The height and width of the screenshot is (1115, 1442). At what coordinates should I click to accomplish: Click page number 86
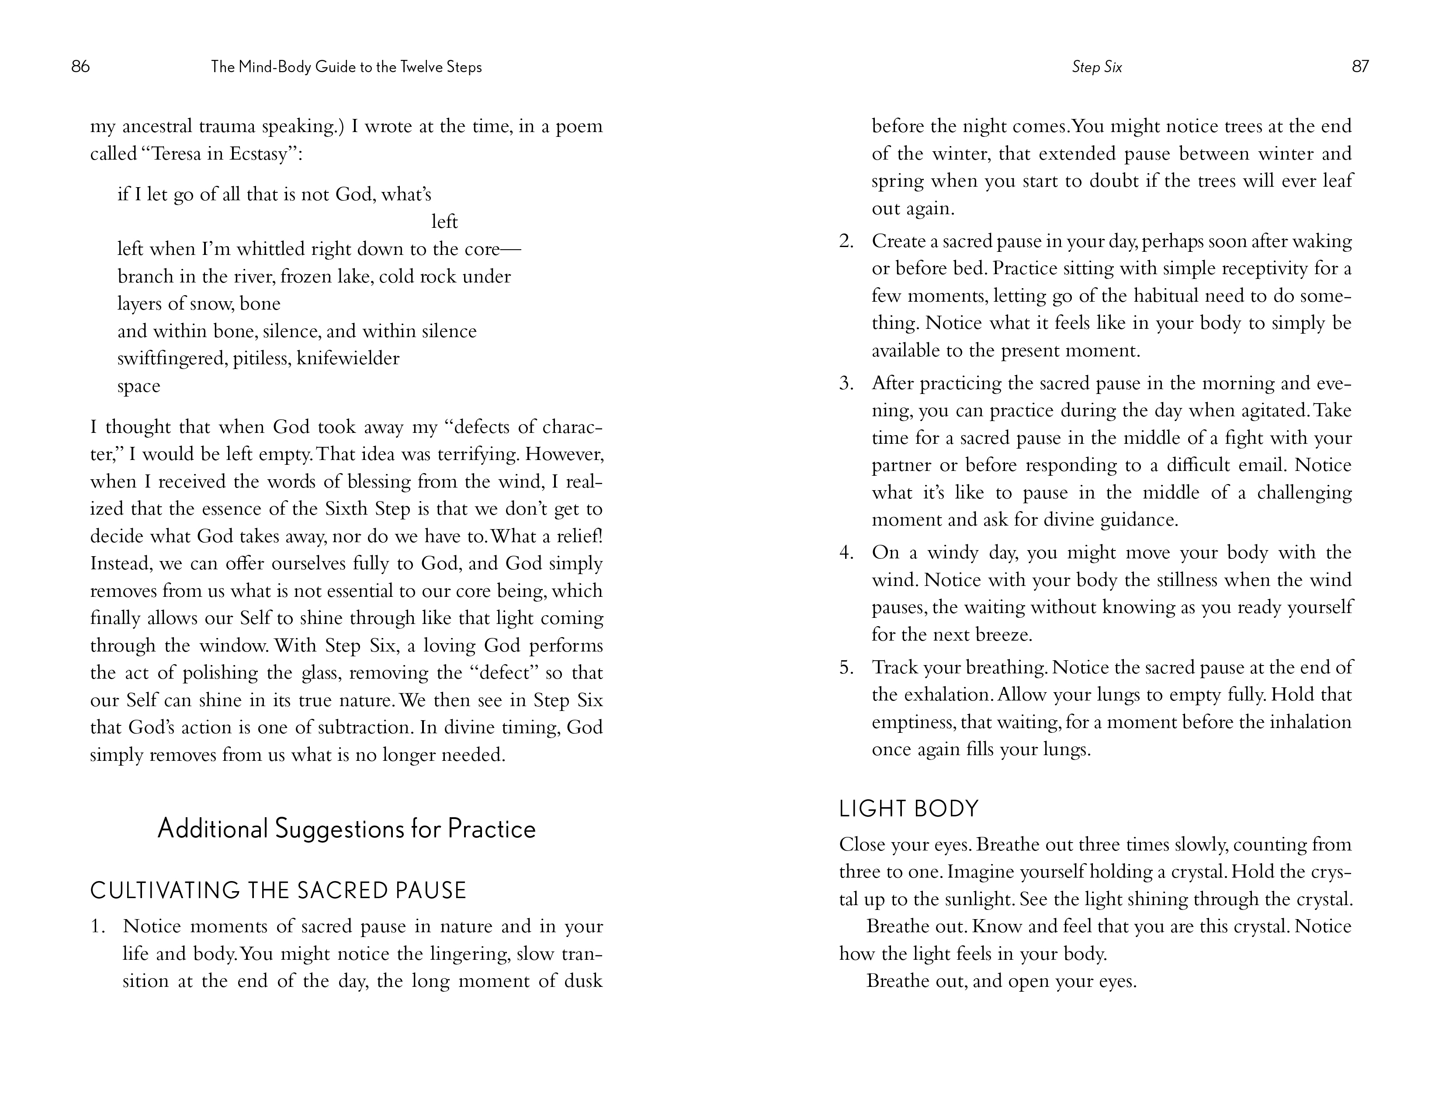click(80, 67)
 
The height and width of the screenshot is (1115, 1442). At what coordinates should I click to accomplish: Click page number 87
click(1360, 67)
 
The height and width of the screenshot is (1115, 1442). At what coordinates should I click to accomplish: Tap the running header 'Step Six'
click(1097, 67)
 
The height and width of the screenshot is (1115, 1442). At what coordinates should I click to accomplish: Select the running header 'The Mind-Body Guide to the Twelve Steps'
click(346, 67)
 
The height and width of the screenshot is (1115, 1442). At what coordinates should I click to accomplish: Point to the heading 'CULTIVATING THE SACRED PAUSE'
click(278, 890)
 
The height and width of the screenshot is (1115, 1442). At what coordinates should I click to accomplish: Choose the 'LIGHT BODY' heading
click(908, 808)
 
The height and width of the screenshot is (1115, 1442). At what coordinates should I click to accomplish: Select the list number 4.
click(846, 553)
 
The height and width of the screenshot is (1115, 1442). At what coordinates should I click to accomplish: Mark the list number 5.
click(846, 668)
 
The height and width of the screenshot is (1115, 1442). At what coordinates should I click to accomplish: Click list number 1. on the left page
click(98, 927)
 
